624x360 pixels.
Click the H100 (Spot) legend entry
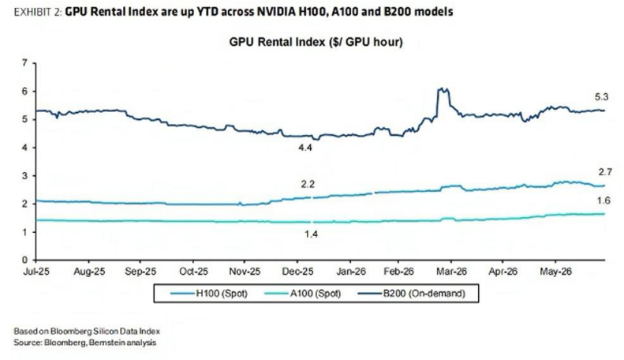tap(209, 294)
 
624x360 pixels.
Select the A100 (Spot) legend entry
tap(302, 294)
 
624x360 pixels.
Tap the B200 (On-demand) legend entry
tap(412, 294)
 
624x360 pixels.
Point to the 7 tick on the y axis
tap(25, 63)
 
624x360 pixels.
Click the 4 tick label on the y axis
tap(25, 148)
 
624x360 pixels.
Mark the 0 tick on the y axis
tap(25, 260)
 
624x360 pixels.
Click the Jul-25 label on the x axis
tap(36, 272)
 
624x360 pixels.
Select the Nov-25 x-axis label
tap(245, 272)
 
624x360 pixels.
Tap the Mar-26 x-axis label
tap(451, 272)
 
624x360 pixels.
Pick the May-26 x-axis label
tap(555, 272)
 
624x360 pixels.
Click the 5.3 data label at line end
tap(602, 97)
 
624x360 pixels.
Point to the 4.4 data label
tap(305, 148)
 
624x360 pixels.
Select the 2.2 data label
tap(308, 185)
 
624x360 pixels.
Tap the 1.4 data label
tap(311, 234)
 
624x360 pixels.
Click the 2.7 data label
tap(605, 172)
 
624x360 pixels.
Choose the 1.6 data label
tap(603, 201)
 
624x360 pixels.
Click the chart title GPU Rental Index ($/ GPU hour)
tap(316, 42)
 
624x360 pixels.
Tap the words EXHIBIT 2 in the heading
tap(38, 13)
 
